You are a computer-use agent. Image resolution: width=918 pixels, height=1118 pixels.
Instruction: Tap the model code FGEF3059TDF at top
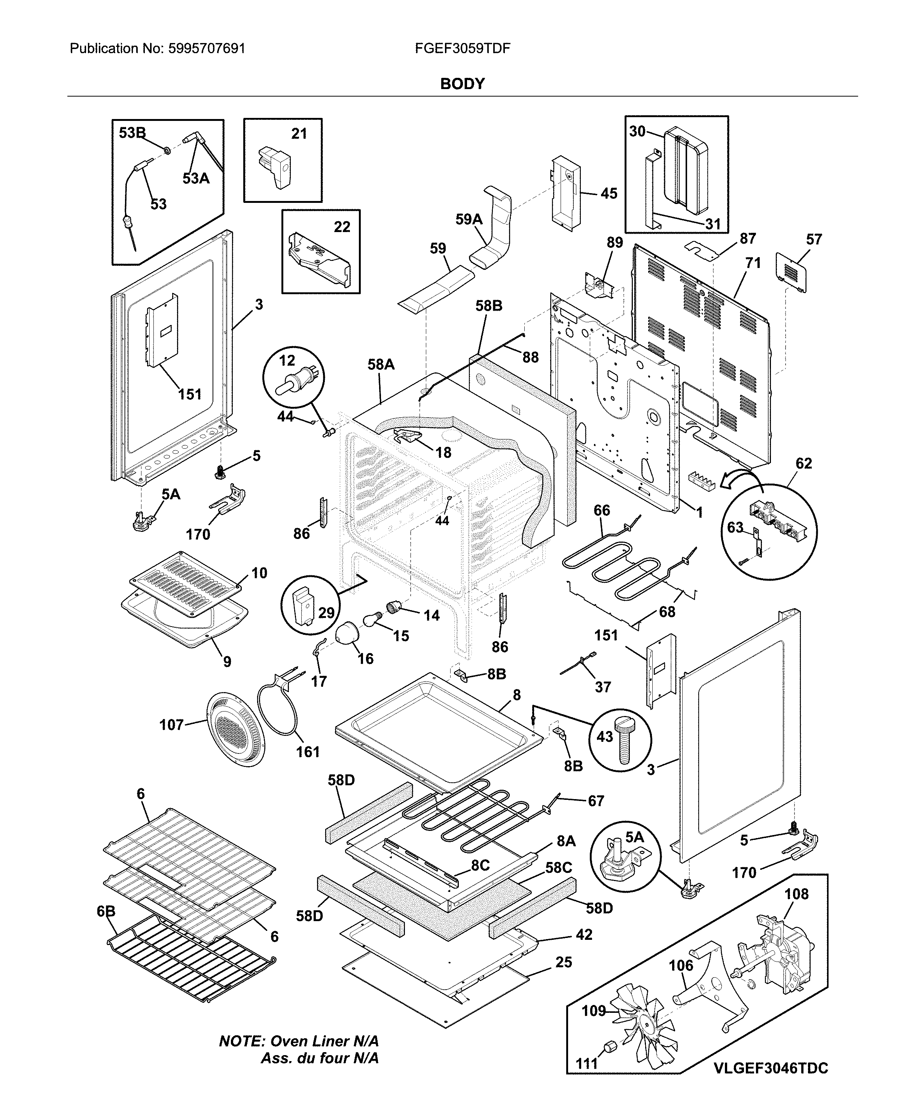(x=462, y=49)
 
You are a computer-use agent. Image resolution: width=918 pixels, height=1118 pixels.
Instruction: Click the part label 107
(x=171, y=725)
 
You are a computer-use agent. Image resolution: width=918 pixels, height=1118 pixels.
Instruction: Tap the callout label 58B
(x=489, y=306)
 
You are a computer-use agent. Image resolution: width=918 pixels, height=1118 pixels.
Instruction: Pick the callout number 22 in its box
(x=342, y=227)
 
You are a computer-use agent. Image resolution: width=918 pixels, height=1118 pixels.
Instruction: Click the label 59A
(x=469, y=219)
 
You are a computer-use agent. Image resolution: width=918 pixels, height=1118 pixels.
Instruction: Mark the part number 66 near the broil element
(x=602, y=511)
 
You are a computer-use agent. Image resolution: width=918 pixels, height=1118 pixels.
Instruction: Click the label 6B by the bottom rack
(x=106, y=911)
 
